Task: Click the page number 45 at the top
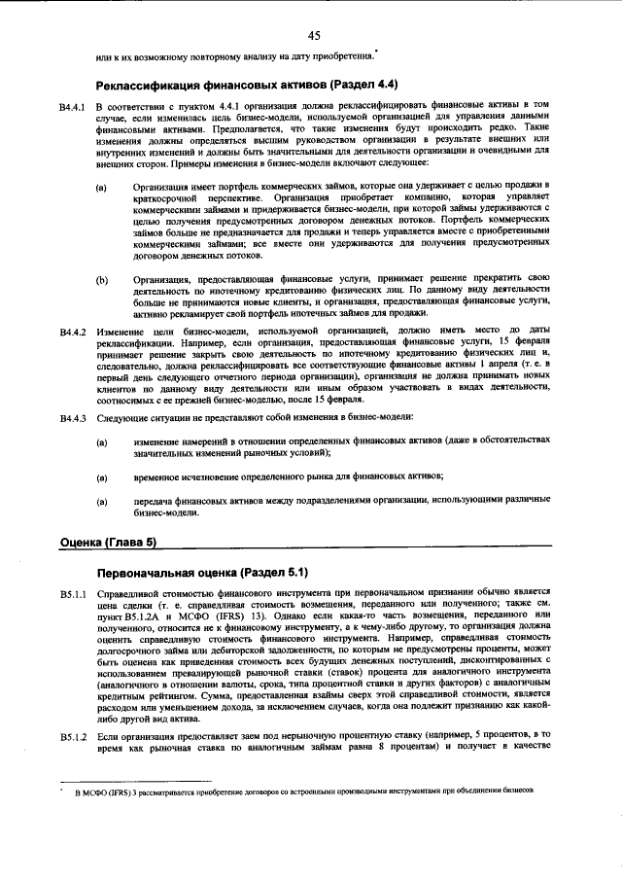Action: pos(313,36)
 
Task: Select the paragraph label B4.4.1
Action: pos(74,104)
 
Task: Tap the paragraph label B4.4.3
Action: pos(74,418)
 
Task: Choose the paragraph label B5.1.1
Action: pos(74,592)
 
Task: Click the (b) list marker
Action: pos(102,280)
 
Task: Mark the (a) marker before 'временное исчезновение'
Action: pos(102,475)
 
